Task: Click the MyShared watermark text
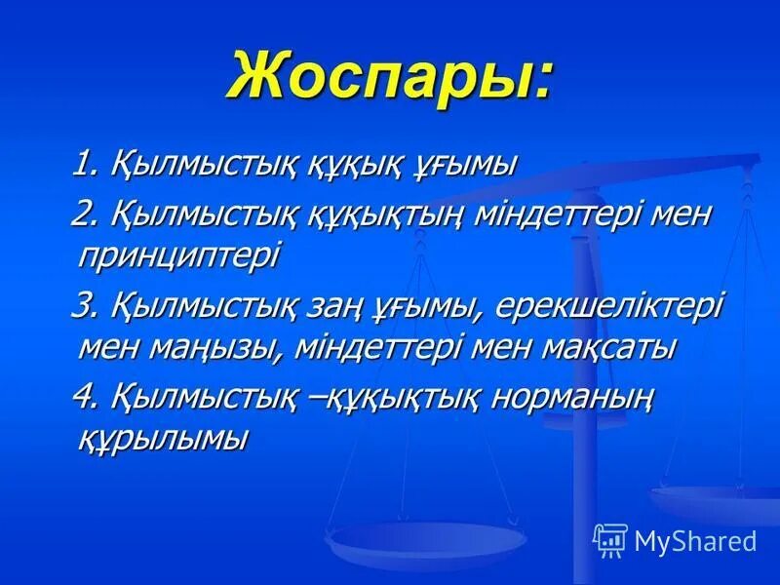click(695, 538)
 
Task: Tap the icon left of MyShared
click(610, 538)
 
